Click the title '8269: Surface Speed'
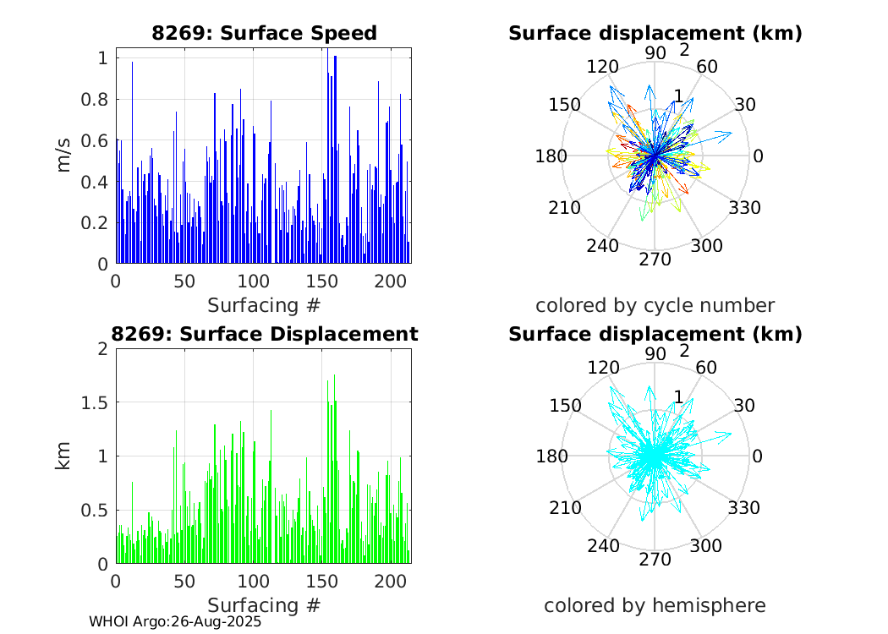coord(264,33)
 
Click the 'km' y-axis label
coord(64,456)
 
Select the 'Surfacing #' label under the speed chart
coord(264,304)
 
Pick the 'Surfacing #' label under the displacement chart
coord(264,605)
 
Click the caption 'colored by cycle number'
coord(655,304)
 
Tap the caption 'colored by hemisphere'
coord(655,605)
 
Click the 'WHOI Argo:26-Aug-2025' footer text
coord(175,621)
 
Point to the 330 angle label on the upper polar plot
coord(744,208)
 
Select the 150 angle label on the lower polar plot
coord(564,405)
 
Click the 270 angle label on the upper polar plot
coord(655,259)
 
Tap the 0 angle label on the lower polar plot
coord(758,456)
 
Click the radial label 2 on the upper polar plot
coord(684,50)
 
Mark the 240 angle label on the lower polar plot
coord(603,546)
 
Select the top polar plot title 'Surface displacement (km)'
coord(655,33)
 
